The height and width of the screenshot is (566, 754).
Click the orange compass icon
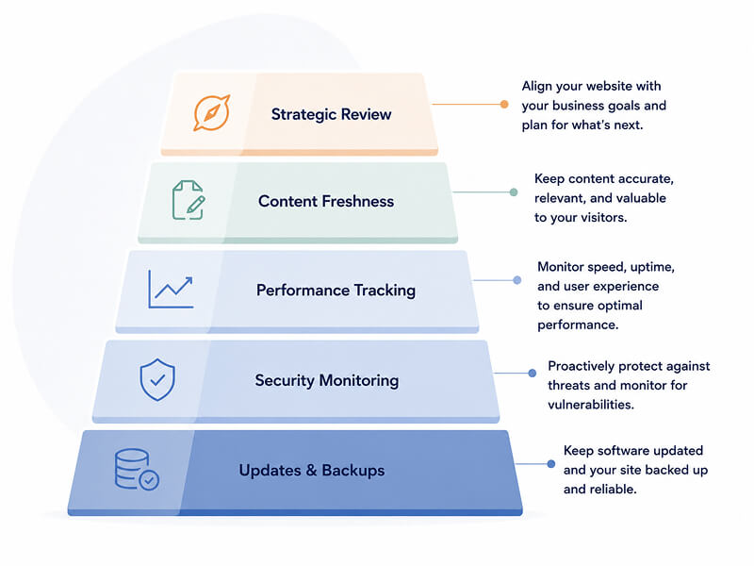pyautogui.click(x=211, y=113)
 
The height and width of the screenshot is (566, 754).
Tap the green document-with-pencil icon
pyautogui.click(x=188, y=200)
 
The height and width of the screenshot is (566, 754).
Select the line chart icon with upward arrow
pyautogui.click(x=171, y=289)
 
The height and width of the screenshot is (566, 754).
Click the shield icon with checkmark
pyautogui.click(x=157, y=380)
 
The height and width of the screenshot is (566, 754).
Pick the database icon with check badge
pyautogui.click(x=137, y=469)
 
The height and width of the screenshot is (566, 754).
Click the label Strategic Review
pyautogui.click(x=332, y=114)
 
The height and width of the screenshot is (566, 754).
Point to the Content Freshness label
pyautogui.click(x=326, y=201)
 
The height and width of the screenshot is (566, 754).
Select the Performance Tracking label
pyautogui.click(x=336, y=291)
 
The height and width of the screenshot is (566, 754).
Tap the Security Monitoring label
pyautogui.click(x=327, y=381)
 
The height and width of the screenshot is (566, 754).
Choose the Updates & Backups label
pyautogui.click(x=312, y=470)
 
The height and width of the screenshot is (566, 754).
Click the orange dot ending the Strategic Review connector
pyautogui.click(x=504, y=104)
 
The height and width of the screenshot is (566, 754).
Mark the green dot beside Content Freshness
pyautogui.click(x=514, y=192)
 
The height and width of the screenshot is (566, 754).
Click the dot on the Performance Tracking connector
pyautogui.click(x=516, y=280)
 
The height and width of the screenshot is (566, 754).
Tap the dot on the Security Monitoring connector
pyautogui.click(x=533, y=373)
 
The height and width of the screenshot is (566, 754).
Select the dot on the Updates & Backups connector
pyautogui.click(x=551, y=464)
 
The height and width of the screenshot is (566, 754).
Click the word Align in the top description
pyautogui.click(x=537, y=87)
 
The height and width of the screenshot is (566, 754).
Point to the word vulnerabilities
pyautogui.click(x=591, y=405)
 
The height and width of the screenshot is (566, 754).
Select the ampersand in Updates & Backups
pyautogui.click(x=312, y=470)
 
